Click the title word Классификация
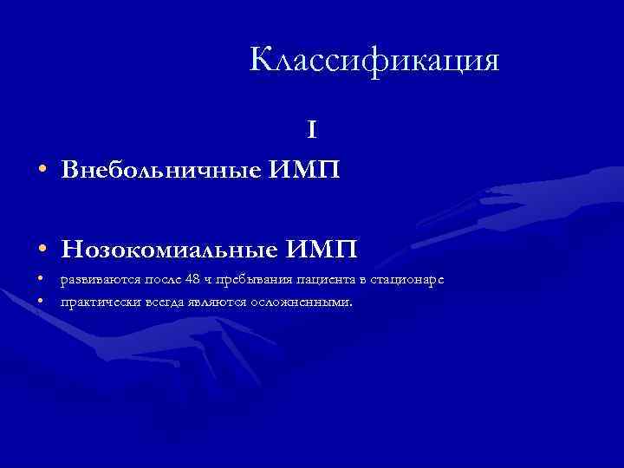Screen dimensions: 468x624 click(x=374, y=61)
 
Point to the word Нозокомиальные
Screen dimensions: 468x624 click(x=170, y=250)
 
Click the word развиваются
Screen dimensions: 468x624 click(x=94, y=279)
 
